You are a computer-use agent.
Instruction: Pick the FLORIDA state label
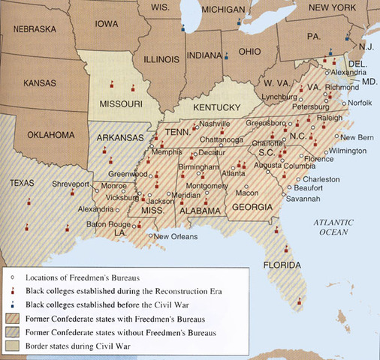click(x=280, y=265)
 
